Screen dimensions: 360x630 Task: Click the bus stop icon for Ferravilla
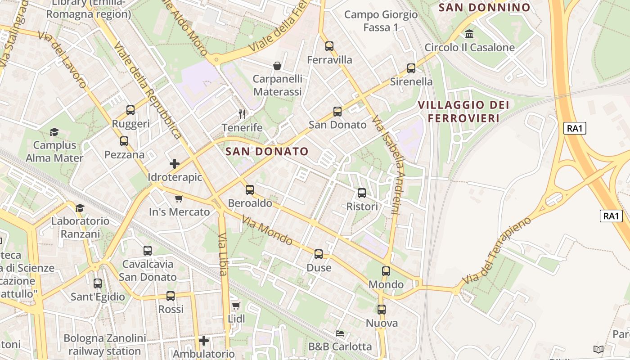click(329, 46)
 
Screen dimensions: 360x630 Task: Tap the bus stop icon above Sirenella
click(411, 68)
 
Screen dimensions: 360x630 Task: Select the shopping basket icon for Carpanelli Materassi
click(277, 66)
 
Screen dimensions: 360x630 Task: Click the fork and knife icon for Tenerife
click(242, 114)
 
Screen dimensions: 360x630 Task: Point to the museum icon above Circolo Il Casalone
click(469, 34)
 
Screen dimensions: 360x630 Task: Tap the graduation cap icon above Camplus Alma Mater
click(54, 132)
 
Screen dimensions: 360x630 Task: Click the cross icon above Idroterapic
click(175, 164)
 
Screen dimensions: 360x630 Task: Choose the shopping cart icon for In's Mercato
click(179, 198)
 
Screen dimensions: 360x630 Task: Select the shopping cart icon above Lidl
click(236, 306)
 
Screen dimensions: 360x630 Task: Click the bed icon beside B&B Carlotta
click(340, 333)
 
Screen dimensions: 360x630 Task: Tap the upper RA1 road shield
click(575, 128)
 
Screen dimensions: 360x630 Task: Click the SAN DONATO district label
click(267, 151)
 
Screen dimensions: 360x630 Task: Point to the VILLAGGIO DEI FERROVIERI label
click(463, 112)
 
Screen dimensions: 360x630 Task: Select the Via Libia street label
click(223, 254)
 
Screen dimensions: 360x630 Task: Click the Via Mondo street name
click(267, 231)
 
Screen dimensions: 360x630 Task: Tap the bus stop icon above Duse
click(319, 254)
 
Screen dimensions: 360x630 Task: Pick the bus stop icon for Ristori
click(362, 193)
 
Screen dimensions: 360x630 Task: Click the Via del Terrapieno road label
click(497, 250)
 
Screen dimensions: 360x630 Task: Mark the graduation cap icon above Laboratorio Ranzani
click(80, 208)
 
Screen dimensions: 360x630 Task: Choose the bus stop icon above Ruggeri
click(130, 110)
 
